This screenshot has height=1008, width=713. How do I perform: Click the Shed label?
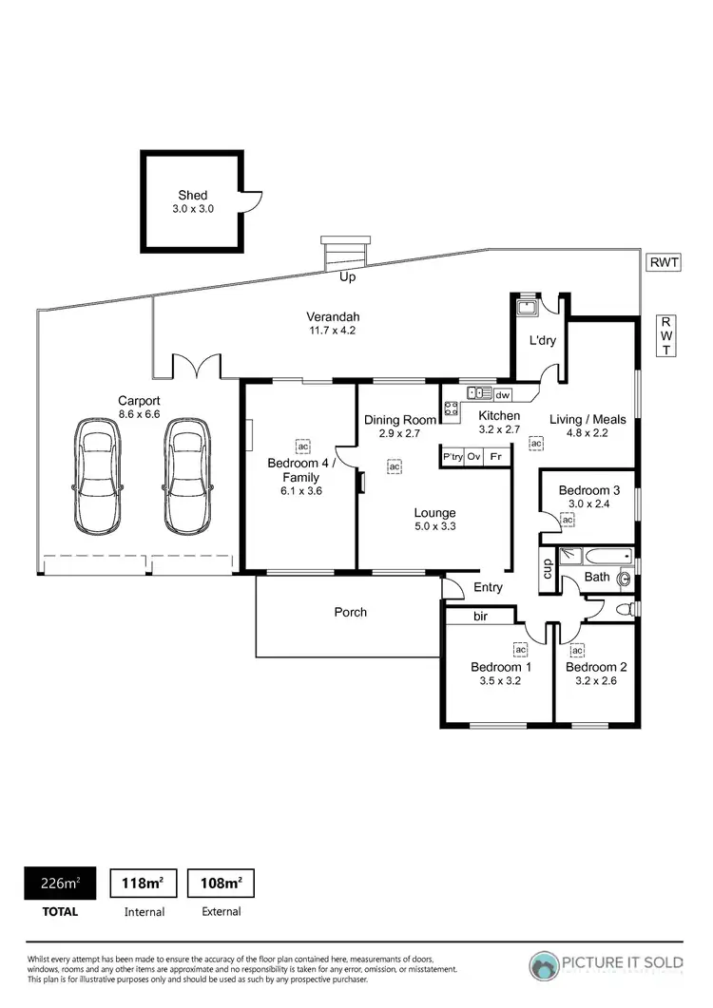(x=192, y=195)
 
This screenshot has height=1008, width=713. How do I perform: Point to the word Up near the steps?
(x=348, y=276)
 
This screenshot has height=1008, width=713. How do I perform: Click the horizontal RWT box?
(x=664, y=262)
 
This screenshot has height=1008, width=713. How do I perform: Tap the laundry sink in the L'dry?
(x=525, y=306)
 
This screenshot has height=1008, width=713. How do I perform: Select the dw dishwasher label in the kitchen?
(x=503, y=394)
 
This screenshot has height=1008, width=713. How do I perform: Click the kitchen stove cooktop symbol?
(x=452, y=409)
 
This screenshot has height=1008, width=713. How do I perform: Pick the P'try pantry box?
(x=453, y=457)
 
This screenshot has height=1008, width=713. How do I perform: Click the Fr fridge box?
(x=495, y=457)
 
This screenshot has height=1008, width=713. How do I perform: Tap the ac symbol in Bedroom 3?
(x=568, y=520)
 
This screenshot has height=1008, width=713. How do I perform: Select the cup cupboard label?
(x=547, y=570)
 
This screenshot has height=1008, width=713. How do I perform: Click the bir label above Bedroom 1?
(x=481, y=617)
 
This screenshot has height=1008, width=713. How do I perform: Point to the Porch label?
(x=350, y=612)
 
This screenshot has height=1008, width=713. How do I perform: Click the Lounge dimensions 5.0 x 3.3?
(x=434, y=526)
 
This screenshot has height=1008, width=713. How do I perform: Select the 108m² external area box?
(x=221, y=883)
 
